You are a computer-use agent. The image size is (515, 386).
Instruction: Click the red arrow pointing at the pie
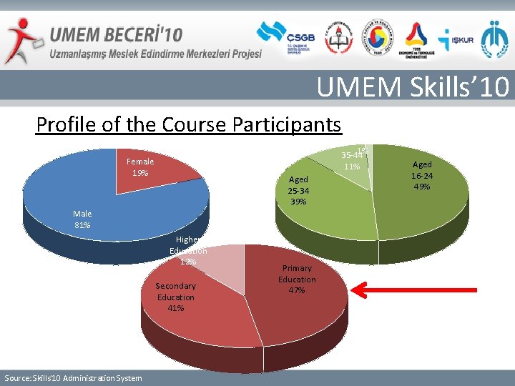415,289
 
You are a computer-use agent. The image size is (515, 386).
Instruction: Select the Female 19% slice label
139,167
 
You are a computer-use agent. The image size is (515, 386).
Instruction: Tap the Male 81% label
82,219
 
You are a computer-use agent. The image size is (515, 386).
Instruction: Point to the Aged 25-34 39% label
298,190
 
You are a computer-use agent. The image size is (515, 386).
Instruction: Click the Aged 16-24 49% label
421,175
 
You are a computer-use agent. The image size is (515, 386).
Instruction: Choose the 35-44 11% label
351,161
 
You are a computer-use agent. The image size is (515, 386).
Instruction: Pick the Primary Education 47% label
297,279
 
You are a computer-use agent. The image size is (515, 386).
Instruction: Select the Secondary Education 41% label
175,297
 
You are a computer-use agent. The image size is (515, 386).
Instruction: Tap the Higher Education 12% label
188,251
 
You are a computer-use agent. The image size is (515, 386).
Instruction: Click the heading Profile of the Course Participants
189,124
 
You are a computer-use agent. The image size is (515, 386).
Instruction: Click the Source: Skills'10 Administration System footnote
73,377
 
